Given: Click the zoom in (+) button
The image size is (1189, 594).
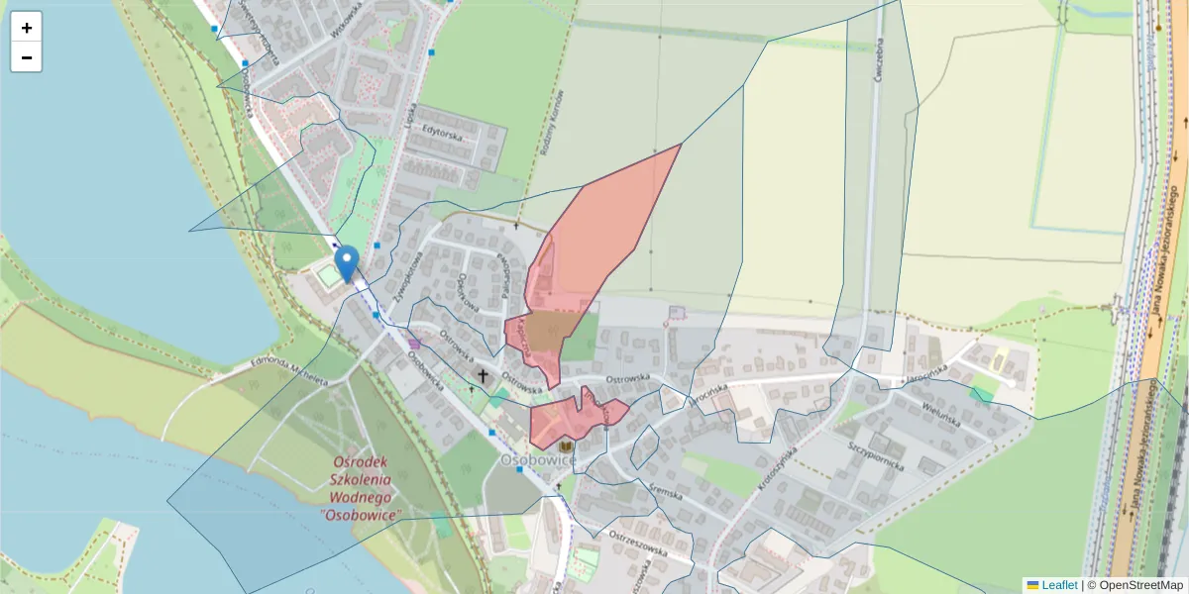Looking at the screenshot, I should [x=27, y=28].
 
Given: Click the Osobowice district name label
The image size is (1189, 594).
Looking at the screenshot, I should [x=538, y=460].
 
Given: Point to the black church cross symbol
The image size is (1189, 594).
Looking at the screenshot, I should [x=484, y=376].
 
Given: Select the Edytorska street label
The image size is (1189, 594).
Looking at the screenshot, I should [x=443, y=130].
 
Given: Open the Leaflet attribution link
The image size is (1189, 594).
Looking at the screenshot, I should [x=1058, y=585].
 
